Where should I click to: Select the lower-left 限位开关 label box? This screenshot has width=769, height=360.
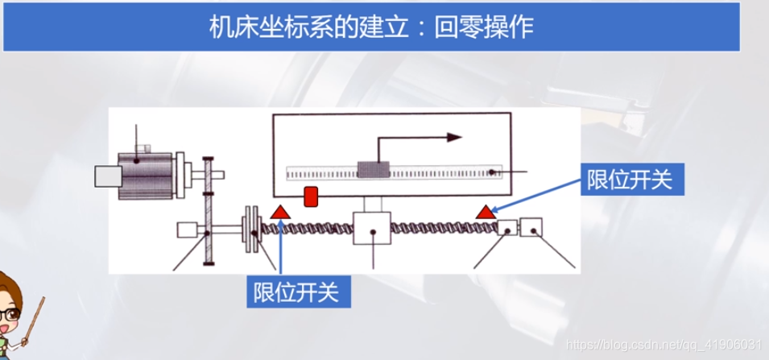click(x=298, y=289)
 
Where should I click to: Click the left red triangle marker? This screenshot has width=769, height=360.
click(x=281, y=213)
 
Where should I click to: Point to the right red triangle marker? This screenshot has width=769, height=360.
click(x=485, y=213)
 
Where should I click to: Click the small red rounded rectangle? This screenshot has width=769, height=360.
click(x=311, y=196)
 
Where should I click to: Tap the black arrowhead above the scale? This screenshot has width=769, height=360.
click(x=454, y=137)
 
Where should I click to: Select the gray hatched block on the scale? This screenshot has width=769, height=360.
click(x=373, y=170)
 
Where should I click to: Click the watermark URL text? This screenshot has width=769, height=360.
click(x=664, y=345)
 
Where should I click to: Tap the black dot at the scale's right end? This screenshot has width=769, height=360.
click(x=490, y=172)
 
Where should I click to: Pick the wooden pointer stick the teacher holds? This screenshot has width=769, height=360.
click(x=36, y=322)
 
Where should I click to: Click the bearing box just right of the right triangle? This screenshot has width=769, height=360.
click(x=506, y=229)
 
